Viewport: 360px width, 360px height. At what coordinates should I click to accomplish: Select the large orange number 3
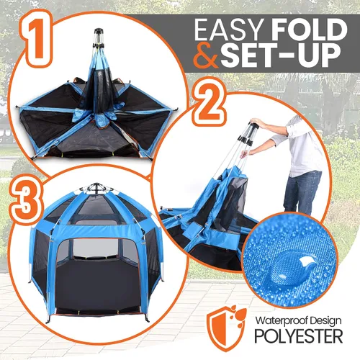26,200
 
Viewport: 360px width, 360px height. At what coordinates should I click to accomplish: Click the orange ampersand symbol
206,55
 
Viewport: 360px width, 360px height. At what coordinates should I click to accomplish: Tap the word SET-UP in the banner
280,55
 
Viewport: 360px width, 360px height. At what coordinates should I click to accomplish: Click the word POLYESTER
298,336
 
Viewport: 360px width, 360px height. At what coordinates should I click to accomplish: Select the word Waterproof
282,321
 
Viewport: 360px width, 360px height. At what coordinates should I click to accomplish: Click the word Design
326,321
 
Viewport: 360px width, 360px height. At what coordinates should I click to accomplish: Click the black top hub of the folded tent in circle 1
99,31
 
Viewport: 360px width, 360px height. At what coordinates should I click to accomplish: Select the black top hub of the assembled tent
96,186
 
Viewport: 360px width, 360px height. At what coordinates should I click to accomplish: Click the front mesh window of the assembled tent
96,248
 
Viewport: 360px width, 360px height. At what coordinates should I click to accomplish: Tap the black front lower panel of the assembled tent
97,283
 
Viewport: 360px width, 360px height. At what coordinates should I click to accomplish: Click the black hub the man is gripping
253,126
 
